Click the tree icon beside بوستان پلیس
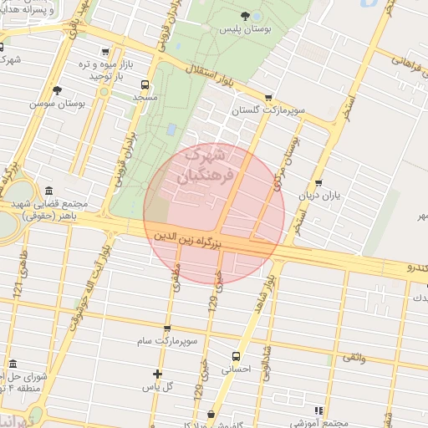(x=244, y=16)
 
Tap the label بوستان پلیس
(x=242, y=29)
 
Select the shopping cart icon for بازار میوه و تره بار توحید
(x=103, y=52)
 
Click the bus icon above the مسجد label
(x=145, y=84)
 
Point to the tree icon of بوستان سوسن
(x=56, y=90)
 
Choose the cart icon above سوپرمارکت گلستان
(x=267, y=97)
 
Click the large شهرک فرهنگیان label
(x=201, y=166)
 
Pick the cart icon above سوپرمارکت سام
(x=167, y=329)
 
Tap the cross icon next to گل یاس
(x=157, y=373)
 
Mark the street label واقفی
(x=353, y=358)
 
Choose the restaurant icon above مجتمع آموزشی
(x=318, y=410)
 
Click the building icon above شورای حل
(x=12, y=364)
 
